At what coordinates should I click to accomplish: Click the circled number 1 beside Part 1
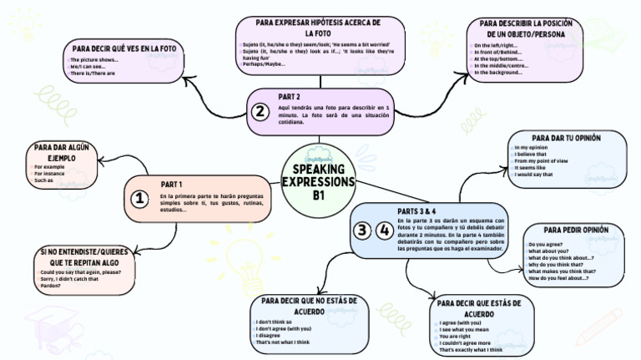(139, 199)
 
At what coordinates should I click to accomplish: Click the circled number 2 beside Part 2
(260, 111)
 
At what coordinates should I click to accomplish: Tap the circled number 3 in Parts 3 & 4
(361, 231)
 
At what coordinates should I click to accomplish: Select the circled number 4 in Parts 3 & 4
(384, 231)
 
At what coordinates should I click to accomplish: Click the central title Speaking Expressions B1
(318, 182)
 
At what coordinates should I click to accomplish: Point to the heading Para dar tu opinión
(566, 136)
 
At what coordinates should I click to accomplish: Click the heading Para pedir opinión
(576, 229)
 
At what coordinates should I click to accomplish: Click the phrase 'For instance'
(50, 174)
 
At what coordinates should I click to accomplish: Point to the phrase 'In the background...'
(498, 73)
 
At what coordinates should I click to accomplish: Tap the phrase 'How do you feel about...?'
(559, 278)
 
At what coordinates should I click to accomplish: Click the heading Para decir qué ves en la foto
(124, 48)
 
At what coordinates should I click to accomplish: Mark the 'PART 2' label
(290, 96)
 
